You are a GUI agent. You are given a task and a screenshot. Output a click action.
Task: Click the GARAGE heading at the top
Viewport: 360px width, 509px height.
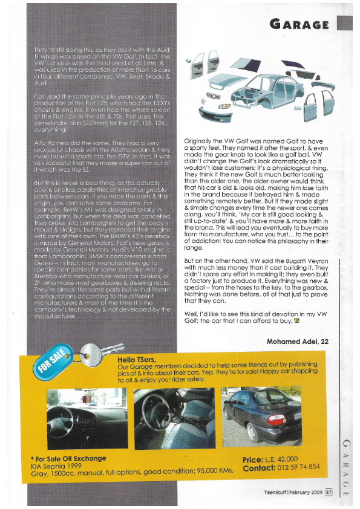(300, 24)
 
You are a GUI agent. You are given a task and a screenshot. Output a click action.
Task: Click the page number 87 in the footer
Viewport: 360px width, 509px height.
(329, 492)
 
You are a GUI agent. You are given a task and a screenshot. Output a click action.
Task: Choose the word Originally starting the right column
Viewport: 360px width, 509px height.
(202, 141)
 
